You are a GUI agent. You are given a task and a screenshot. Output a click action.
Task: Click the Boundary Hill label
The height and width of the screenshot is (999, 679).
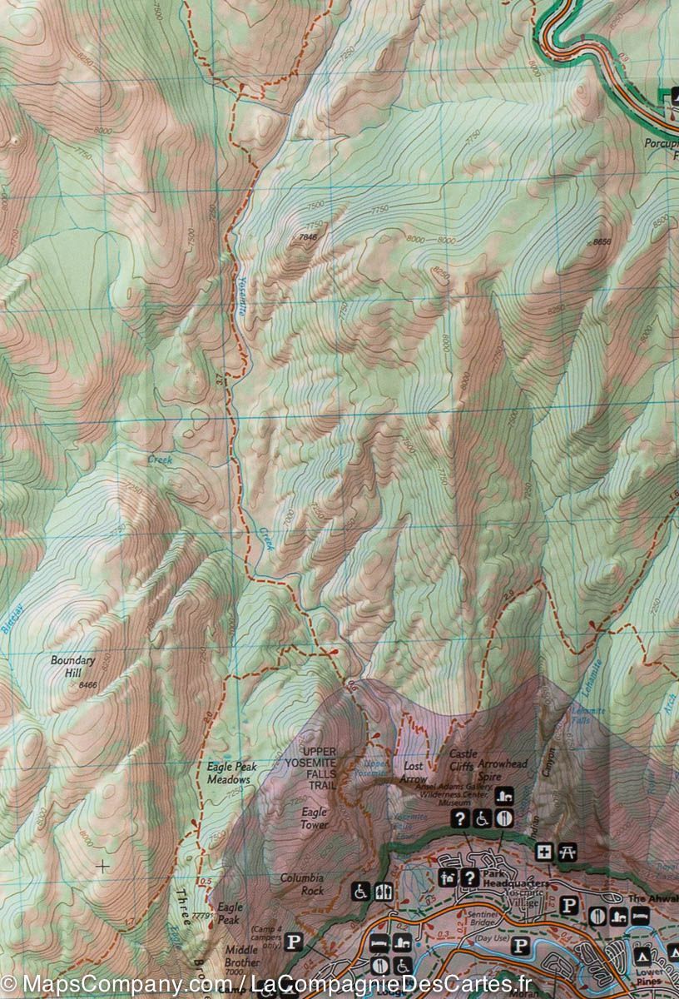pos(73,666)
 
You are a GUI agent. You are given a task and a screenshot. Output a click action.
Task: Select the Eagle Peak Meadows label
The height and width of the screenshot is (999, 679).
pos(229,773)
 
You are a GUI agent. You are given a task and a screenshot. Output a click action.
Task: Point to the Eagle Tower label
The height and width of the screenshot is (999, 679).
pos(315,818)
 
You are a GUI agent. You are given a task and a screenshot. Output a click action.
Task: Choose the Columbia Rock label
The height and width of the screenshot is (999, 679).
pos(301,884)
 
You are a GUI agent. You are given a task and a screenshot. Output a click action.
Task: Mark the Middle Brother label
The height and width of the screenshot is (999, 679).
pos(242,955)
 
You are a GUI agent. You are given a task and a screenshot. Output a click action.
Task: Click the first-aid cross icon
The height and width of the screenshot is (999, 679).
pos(544,852)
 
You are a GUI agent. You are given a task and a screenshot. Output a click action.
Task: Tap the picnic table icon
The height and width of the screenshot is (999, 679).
pos(569,852)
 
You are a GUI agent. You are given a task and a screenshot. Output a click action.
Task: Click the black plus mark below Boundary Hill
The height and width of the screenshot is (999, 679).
pos(102,866)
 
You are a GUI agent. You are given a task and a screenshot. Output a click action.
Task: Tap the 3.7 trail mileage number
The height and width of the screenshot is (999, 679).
pos(219,380)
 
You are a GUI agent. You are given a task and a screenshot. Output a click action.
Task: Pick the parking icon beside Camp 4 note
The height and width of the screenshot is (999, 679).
pos(293,942)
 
